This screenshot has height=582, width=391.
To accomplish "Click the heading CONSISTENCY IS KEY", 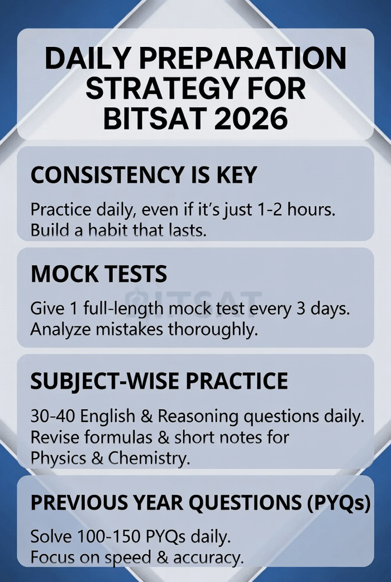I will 144,175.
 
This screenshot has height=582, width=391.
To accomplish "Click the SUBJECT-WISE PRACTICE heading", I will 159,381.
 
